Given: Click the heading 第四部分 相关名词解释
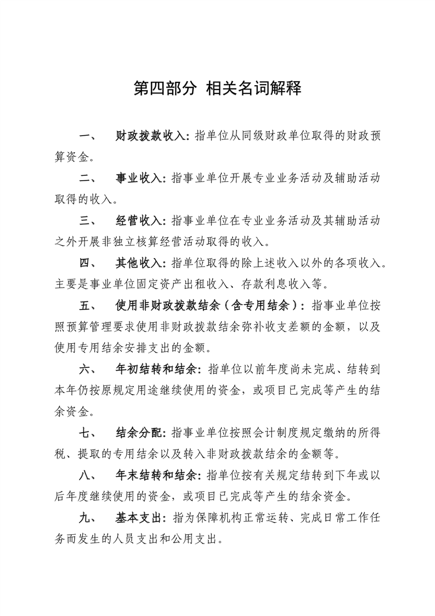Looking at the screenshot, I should (x=217, y=89).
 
